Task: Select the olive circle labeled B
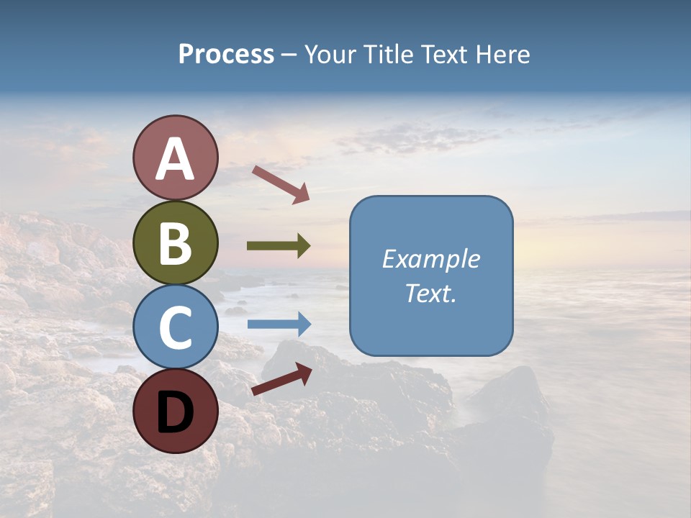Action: click(176, 242)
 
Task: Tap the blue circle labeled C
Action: click(176, 327)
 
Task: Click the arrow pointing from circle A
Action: click(281, 184)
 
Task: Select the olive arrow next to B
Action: click(279, 246)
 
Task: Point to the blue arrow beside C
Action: click(279, 324)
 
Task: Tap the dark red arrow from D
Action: click(281, 379)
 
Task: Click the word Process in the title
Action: click(226, 54)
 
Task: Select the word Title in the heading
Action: click(388, 54)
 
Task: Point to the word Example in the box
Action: click(431, 259)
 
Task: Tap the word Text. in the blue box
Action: click(431, 293)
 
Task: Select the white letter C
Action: click(176, 327)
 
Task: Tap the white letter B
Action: click(176, 242)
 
